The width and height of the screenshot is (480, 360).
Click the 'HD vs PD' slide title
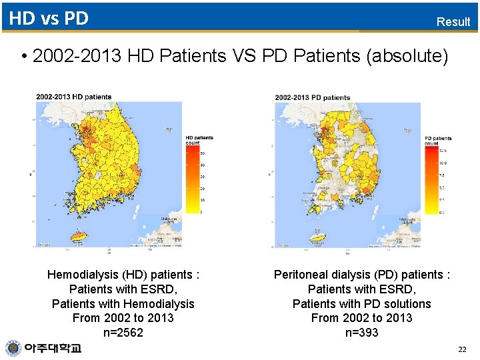coord(49,18)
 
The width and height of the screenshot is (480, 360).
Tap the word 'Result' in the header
coord(453,21)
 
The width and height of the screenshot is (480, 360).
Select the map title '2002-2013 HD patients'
coord(74,97)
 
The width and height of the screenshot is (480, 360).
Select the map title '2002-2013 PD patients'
coord(313,97)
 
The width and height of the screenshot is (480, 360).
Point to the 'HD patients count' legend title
coord(199,140)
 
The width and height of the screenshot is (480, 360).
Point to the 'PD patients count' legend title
coord(437,141)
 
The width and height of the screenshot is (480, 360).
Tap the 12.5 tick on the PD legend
coord(443,150)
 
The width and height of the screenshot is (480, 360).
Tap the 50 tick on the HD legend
coord(203,153)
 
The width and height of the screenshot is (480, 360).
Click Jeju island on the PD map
coord(320,235)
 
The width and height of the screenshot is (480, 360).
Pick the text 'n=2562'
coord(123,333)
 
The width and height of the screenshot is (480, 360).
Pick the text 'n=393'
coord(362,333)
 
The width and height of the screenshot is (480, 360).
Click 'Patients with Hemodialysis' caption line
coord(123,303)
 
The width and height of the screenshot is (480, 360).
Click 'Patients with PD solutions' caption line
coord(362,303)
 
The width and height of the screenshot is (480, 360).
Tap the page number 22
coord(463,349)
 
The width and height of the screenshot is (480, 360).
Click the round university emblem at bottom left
coord(13,348)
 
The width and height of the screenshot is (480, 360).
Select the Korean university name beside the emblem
coord(53,348)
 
